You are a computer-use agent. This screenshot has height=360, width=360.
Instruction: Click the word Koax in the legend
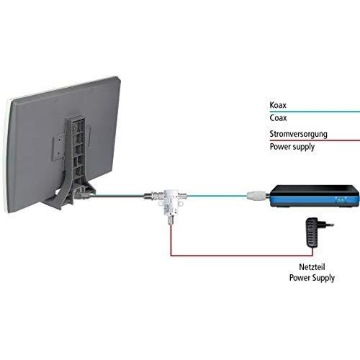[x=278, y=105]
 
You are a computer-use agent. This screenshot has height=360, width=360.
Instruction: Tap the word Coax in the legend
[x=278, y=118]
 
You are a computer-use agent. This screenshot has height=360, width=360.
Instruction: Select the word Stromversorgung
[x=298, y=134]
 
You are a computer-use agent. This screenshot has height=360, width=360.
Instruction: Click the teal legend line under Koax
[x=315, y=112]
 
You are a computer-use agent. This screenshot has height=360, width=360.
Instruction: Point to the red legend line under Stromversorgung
[x=315, y=140]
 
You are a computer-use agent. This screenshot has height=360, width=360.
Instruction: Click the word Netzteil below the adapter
[x=312, y=267]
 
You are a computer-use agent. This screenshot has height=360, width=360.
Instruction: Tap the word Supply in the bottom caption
[x=323, y=278]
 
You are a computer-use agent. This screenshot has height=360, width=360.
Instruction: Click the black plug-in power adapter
[x=312, y=233]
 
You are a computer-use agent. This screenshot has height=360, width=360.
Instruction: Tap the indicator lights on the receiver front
[x=341, y=199]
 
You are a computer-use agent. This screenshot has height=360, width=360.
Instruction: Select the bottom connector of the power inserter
[x=171, y=220]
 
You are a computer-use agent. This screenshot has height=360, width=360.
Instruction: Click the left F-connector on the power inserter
[x=151, y=195]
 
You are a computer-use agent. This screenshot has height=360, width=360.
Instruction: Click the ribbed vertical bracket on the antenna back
[x=76, y=153]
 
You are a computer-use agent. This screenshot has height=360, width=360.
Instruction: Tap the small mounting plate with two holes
[x=58, y=146]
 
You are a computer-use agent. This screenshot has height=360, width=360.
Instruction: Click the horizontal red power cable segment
[x=242, y=256]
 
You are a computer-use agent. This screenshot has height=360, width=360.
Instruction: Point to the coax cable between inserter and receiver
[x=217, y=196]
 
